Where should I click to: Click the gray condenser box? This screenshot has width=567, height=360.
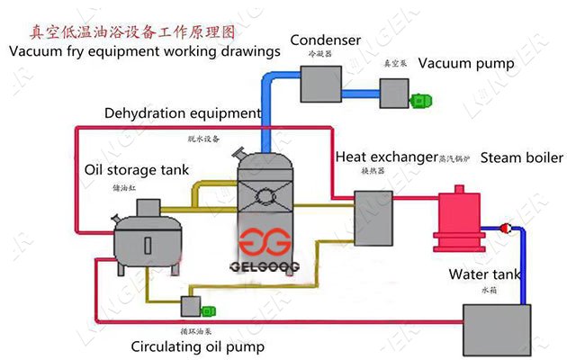coord(319,82)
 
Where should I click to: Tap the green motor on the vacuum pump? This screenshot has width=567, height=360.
coord(420,101)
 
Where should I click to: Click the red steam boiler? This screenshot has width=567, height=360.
coord(460,218)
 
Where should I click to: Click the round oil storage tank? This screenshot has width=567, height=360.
coord(144,238)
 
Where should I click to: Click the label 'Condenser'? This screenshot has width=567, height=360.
coord(325,40)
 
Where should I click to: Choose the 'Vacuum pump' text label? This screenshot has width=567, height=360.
coord(466,64)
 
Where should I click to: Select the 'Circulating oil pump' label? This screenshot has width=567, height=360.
coord(197,346)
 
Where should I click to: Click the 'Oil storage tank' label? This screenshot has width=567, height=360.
coord(135,168)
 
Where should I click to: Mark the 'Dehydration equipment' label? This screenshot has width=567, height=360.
coord(183,114)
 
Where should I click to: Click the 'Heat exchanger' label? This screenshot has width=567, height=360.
coord(386,157)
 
